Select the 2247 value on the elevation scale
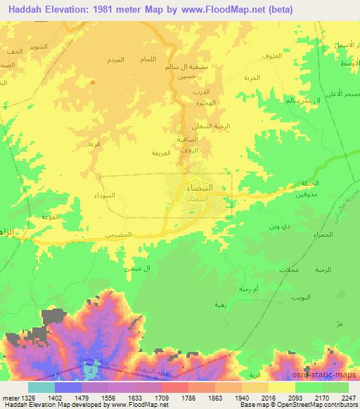point(348,397)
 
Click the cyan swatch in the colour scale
point(41,387)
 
